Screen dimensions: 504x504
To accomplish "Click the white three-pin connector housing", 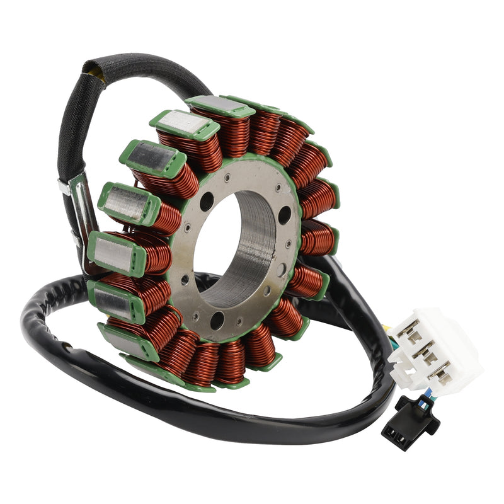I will coord(435,350).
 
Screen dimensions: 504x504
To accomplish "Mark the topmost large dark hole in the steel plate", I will coord(207,202).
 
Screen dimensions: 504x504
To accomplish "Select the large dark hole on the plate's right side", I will coord(285,215).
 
